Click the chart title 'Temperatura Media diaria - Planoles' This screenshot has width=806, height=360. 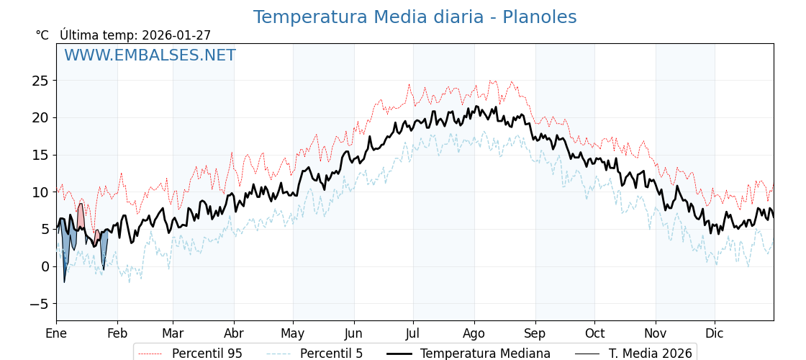pos(415,17)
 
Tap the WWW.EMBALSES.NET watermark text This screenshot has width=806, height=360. pos(150,55)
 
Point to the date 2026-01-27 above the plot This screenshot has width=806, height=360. pos(176,35)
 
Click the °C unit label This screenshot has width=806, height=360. pos(42,35)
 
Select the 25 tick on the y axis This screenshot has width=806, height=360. pos(40,81)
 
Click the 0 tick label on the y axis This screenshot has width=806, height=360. pos(45,266)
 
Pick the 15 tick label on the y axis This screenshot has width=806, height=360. pos(40,155)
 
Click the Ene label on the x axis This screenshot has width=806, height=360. pos(56,333)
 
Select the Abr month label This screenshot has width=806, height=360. pos(234,333)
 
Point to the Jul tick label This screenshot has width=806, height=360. pos(413,333)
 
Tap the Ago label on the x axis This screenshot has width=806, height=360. pos(474,333)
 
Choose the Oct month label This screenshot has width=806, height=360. pos(594,333)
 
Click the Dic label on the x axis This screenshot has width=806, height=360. pos(715,333)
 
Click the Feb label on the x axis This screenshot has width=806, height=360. pos(117,333)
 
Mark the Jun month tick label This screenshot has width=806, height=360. pos(353,333)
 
